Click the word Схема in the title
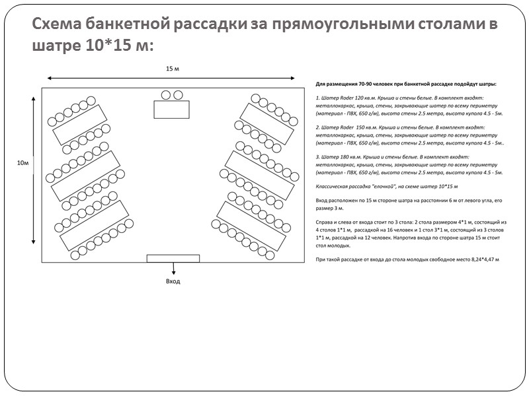click(x=56, y=24)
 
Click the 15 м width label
click(x=173, y=69)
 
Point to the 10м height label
click(x=22, y=162)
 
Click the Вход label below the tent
click(x=173, y=281)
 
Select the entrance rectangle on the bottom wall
click(x=173, y=258)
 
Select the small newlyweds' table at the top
click(x=172, y=110)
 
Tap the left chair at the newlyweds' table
click(x=167, y=95)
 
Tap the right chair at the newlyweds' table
click(x=177, y=95)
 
